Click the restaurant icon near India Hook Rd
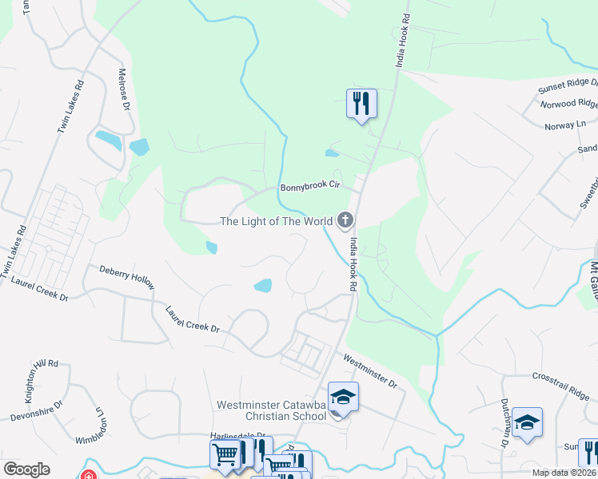click(x=361, y=103)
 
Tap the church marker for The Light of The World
click(x=345, y=220)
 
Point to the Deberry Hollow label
click(x=127, y=277)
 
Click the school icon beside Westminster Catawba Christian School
click(x=343, y=397)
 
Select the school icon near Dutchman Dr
click(x=527, y=422)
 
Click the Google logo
click(x=26, y=469)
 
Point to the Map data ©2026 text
click(x=563, y=473)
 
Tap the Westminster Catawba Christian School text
click(x=272, y=410)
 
